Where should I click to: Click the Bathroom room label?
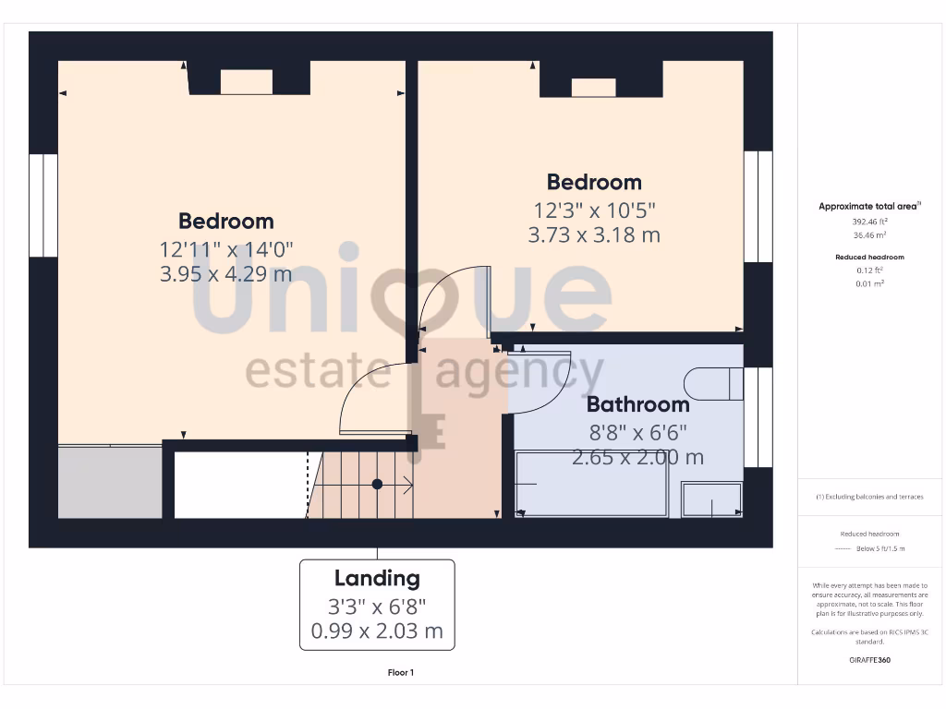[x=637, y=404]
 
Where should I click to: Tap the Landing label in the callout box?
[x=377, y=579]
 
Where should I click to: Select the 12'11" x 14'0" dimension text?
[x=225, y=249]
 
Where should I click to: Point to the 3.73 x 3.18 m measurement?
[x=594, y=234]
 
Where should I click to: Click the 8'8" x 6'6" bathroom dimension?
[x=637, y=431]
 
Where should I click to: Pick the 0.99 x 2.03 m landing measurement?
[x=377, y=632]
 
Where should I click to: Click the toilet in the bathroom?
[x=714, y=384]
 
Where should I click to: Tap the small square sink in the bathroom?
[x=711, y=499]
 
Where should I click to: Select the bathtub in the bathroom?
[x=591, y=484]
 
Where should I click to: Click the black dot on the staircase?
[x=377, y=484]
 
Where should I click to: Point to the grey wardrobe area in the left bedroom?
[x=110, y=482]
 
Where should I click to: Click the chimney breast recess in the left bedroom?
[x=247, y=82]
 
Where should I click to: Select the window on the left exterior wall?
[x=43, y=205]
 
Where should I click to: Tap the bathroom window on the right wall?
[x=758, y=417]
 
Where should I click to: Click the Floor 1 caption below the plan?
[x=401, y=673]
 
